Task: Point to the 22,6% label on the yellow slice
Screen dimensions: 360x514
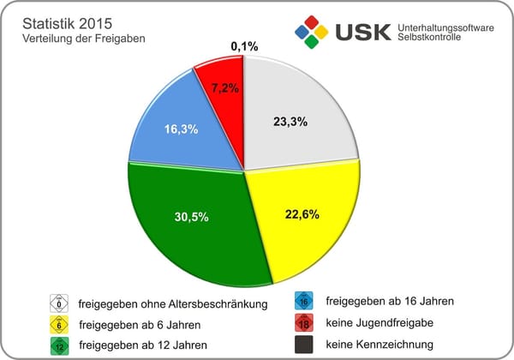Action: pos(302,214)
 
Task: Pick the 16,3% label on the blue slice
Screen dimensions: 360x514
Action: pos(181,129)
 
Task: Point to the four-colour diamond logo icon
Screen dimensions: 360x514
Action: pos(311,33)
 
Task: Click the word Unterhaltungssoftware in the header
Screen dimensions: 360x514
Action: pos(446,28)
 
